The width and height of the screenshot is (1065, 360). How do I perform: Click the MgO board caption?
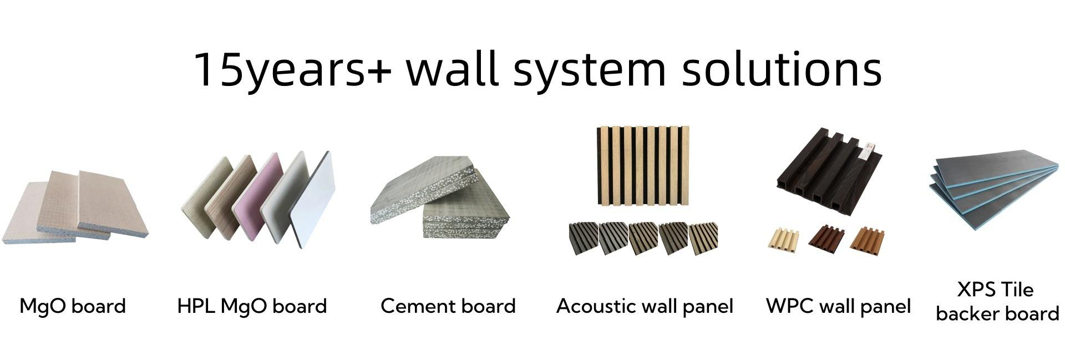[x=73, y=306]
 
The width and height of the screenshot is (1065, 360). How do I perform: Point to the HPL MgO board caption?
[x=252, y=306]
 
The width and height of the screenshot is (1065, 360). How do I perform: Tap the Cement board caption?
[x=448, y=306]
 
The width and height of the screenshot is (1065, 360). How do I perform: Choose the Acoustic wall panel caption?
[x=645, y=306]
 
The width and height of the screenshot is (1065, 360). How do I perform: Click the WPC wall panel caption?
[x=838, y=306]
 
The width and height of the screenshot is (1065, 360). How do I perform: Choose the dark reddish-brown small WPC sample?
[x=825, y=239]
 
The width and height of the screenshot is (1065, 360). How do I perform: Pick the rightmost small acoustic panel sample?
[x=703, y=239]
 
